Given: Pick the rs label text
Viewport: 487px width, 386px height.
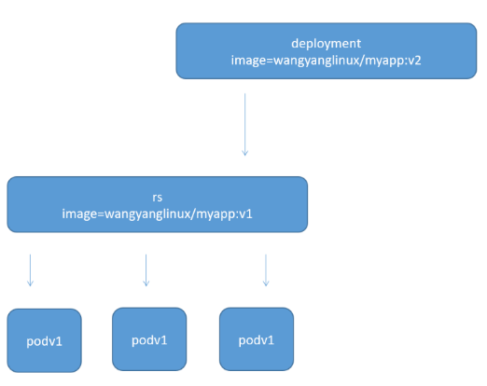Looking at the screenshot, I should click(157, 197).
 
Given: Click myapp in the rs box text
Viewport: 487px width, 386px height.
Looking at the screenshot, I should click(211, 214).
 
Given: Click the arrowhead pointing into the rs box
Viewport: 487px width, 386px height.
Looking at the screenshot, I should click(244, 152).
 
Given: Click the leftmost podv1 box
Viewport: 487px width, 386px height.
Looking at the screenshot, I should click(44, 339).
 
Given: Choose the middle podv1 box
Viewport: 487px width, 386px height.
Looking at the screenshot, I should click(149, 339).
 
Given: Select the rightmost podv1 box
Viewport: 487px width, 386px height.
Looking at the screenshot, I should click(256, 339).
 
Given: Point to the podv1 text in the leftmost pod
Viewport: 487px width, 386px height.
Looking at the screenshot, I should click(44, 341).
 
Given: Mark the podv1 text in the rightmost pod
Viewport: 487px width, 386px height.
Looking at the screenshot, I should click(256, 339).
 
